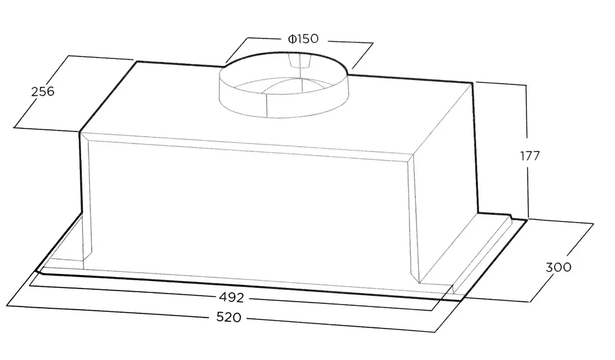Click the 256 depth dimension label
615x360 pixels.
point(42,92)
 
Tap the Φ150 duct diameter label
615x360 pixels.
point(303,39)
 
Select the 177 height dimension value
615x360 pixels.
point(530,156)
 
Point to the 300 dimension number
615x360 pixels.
point(558,267)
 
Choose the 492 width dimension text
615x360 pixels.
point(231,298)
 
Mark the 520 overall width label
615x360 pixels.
point(229,317)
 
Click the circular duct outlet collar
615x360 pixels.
point(283,86)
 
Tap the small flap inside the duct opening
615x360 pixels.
point(299,61)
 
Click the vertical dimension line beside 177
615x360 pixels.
point(528,151)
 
